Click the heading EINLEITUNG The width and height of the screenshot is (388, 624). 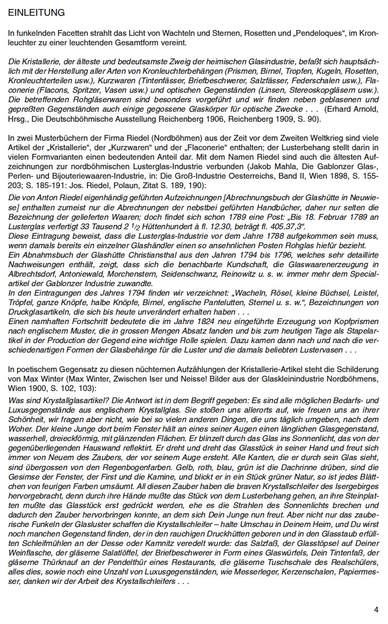(x=37, y=12)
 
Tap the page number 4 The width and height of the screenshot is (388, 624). (x=376, y=610)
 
